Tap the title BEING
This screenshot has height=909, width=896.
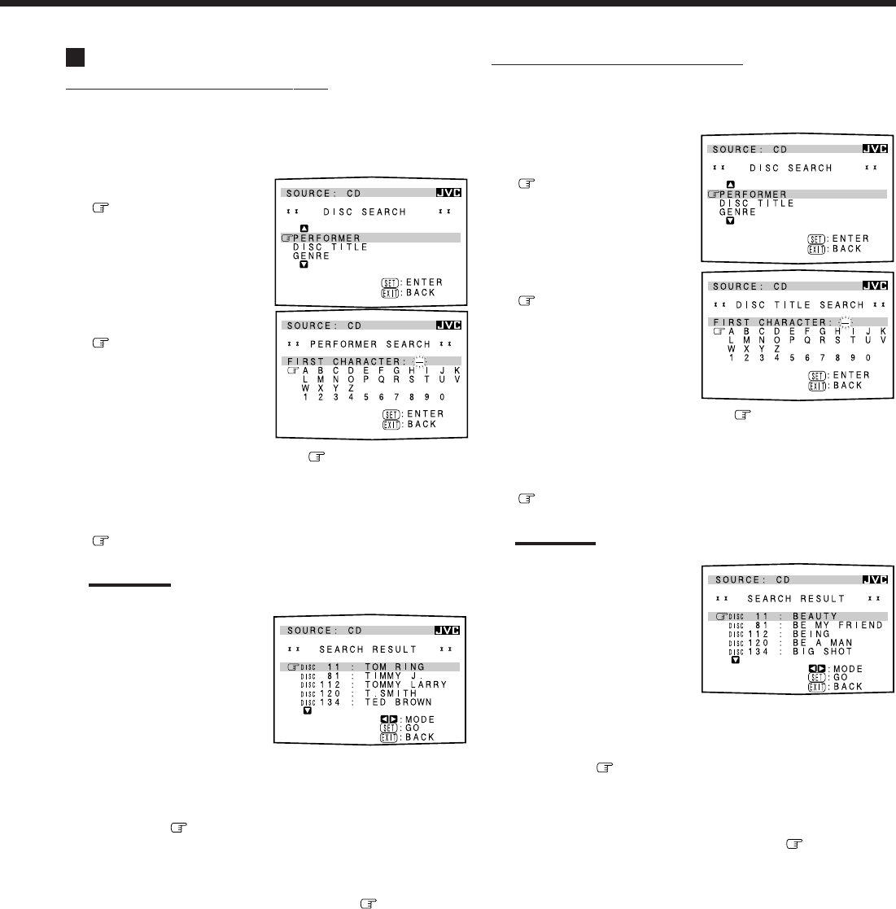pyautogui.click(x=811, y=634)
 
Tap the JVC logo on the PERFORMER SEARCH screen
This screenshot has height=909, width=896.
pyautogui.click(x=448, y=326)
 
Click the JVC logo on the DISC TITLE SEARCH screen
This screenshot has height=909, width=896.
pyautogui.click(x=874, y=286)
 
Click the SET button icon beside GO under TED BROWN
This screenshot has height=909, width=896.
pyautogui.click(x=388, y=728)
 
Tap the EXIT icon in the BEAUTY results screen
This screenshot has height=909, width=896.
pyautogui.click(x=815, y=687)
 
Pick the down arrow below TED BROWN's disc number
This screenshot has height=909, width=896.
pyautogui.click(x=307, y=710)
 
